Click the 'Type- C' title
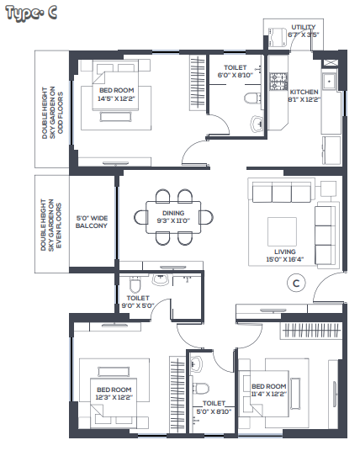pos(31,13)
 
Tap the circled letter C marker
pos(296,283)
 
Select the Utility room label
pos(304,27)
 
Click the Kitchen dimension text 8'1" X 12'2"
pos(304,99)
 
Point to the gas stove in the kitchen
pos(278,81)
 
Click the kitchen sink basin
pos(329,82)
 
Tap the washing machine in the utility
pos(277,37)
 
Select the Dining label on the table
pos(173,213)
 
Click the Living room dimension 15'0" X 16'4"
pos(284,259)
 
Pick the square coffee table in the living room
pos(282,231)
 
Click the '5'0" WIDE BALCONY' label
pos(92,222)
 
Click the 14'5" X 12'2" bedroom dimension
pos(116,99)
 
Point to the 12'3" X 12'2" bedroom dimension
pos(114,397)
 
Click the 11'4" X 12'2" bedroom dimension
pos(269,394)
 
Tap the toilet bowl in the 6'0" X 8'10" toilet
pos(253,98)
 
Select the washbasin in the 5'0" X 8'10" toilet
pos(197,364)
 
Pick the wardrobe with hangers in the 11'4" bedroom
pos(311,331)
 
